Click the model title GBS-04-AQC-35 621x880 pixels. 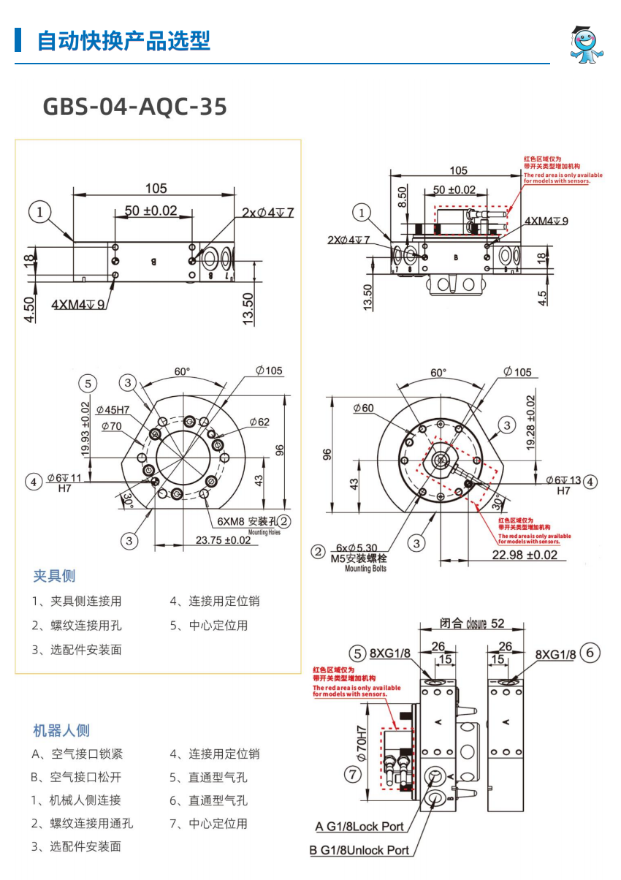[x=135, y=107]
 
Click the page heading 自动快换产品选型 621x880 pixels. [x=123, y=40]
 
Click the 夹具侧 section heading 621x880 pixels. [x=54, y=576]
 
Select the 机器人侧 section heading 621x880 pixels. [x=61, y=730]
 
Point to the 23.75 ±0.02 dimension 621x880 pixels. [x=224, y=540]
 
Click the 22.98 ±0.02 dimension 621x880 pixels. [x=525, y=555]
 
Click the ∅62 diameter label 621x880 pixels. [x=259, y=422]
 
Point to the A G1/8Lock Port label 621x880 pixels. [x=359, y=827]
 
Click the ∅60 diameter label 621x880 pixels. [x=363, y=408]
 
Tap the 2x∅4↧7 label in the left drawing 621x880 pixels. [x=268, y=212]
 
